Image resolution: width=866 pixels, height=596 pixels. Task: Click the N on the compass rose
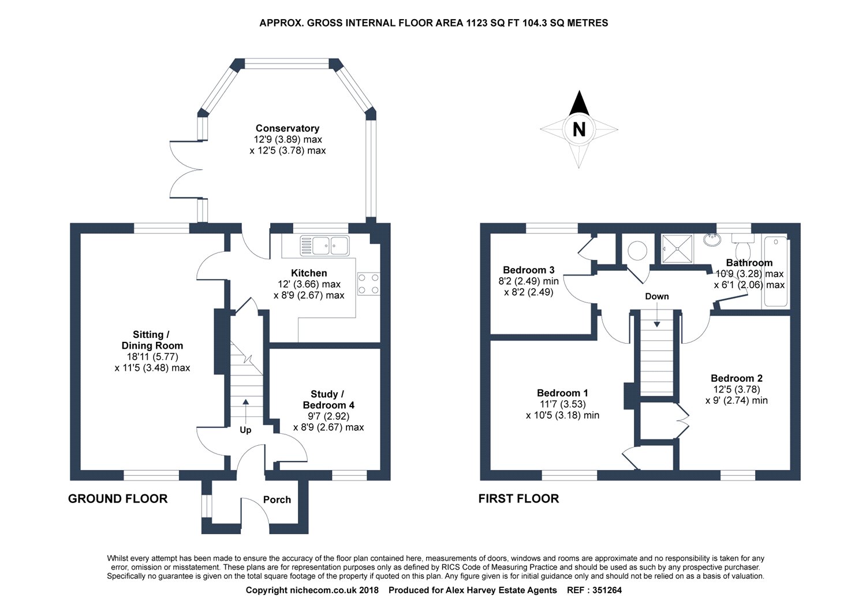(578, 129)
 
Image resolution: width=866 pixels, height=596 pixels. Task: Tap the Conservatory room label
(288, 128)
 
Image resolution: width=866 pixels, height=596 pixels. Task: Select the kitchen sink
(324, 245)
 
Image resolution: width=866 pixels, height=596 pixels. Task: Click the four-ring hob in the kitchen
(368, 284)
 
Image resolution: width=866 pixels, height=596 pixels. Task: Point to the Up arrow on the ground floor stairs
(245, 412)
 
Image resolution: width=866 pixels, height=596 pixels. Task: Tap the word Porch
(277, 500)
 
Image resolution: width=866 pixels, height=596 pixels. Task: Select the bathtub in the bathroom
(775, 271)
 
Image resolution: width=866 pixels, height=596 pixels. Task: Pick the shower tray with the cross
(677, 248)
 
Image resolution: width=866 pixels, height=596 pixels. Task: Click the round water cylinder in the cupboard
(637, 250)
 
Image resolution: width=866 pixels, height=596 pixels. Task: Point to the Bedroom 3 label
(528, 270)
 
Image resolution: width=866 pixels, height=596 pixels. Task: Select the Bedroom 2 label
(737, 378)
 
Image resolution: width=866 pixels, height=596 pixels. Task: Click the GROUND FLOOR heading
(118, 498)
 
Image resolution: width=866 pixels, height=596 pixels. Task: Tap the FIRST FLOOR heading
(518, 498)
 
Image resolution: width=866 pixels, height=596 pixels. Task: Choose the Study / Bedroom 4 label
(329, 400)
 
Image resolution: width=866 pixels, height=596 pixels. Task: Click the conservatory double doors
(186, 169)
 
